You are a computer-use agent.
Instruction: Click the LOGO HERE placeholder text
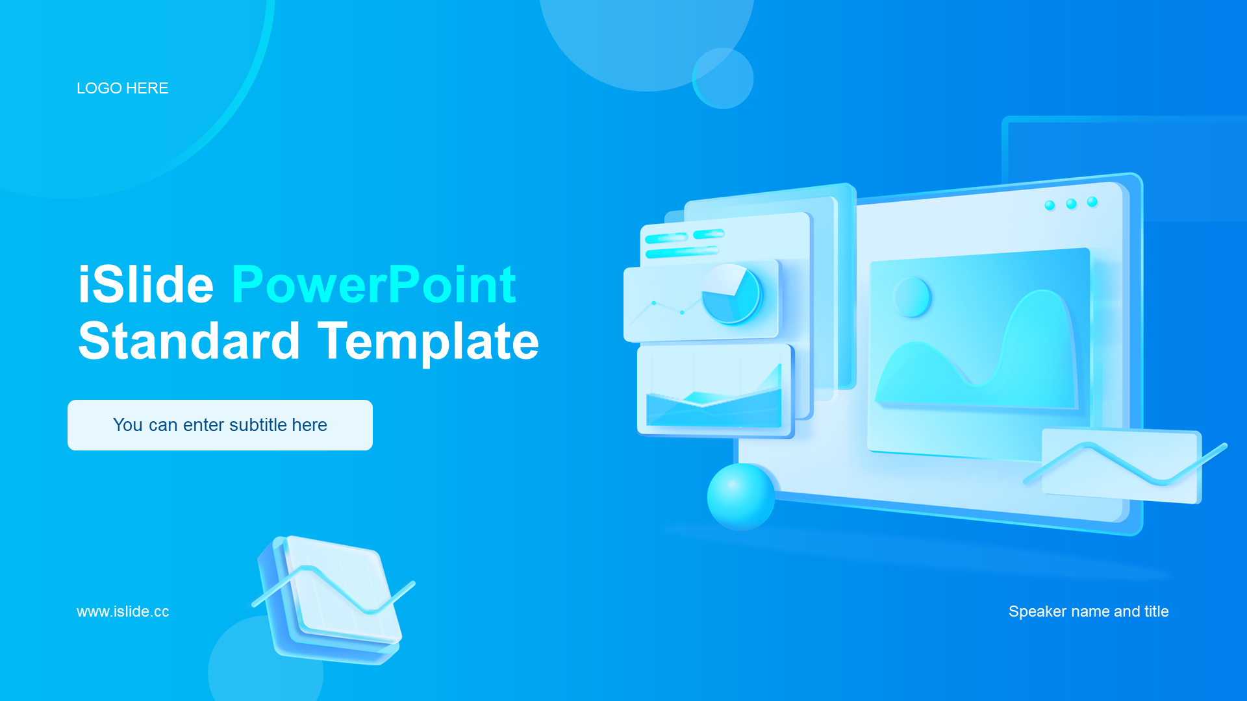[x=122, y=88]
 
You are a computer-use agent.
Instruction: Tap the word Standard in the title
[x=189, y=341]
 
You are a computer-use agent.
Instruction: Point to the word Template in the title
[x=429, y=342]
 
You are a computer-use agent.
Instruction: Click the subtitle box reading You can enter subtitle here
[x=220, y=425]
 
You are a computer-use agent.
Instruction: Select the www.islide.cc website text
[x=123, y=611]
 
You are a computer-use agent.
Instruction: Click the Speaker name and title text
[x=1089, y=611]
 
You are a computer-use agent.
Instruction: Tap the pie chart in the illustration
[x=732, y=294]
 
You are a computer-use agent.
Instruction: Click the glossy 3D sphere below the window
[x=741, y=497]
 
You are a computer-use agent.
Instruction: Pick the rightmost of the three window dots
[x=1092, y=202]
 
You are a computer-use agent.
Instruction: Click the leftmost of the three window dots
[x=1050, y=206]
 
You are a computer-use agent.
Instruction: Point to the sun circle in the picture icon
[x=912, y=297]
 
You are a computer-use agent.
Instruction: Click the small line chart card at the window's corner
[x=1122, y=466]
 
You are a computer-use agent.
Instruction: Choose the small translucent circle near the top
[x=722, y=78]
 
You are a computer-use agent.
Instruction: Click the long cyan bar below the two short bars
[x=682, y=252]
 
